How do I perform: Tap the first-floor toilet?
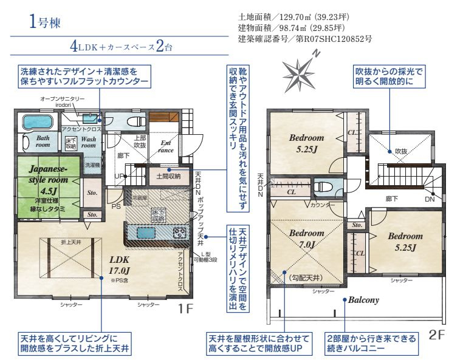coord(131,120)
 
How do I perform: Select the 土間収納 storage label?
coord(166,176)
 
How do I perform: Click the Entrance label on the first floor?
coord(166,146)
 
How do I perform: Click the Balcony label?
coord(363,300)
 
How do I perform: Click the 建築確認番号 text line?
coord(305,39)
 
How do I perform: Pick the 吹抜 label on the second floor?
coord(400,151)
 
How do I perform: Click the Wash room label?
coord(89,143)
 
